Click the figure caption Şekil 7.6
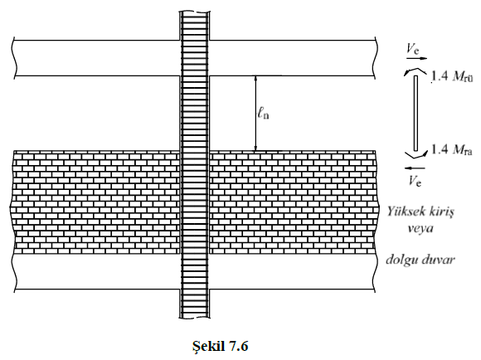point(220,347)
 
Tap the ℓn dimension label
point(263,114)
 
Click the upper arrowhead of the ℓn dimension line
point(255,79)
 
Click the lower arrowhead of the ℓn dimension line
point(255,148)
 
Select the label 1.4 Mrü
point(452,75)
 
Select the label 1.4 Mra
point(451,149)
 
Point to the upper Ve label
point(413,49)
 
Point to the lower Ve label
point(415,180)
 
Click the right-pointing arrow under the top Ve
point(416,58)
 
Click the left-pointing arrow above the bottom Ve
point(415,168)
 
